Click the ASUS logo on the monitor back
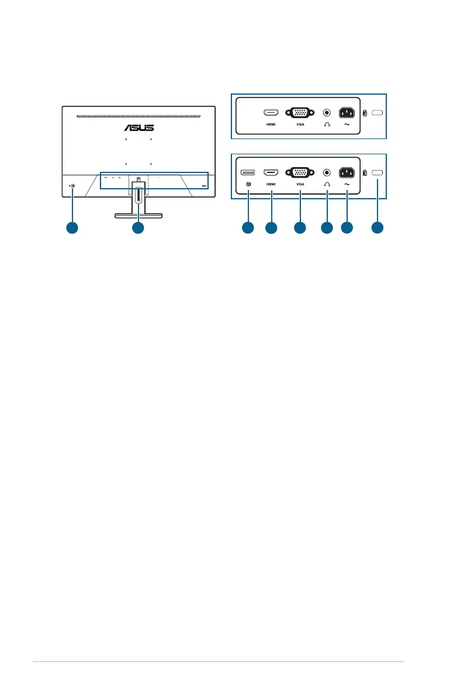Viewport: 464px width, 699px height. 138,127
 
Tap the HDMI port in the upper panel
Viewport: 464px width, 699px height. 271,112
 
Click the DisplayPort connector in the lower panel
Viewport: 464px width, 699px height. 248,172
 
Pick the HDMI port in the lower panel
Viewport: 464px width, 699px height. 271,172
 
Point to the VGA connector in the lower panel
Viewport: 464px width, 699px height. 300,172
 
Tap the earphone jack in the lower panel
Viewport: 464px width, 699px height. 327,172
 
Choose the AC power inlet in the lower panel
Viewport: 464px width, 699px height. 347,172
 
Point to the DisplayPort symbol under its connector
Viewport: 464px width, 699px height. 248,184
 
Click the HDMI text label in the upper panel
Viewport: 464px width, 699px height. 271,124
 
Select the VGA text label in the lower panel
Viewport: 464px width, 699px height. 300,184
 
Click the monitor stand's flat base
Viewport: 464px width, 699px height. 138,216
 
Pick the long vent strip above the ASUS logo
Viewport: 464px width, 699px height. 138,116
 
